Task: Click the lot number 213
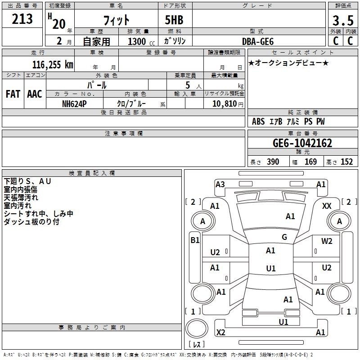pos(22,19)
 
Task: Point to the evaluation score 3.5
pos(342,21)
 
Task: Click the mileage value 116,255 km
pos(52,64)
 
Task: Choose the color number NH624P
pos(75,103)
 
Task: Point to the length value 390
pos(273,162)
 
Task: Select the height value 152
pos(346,162)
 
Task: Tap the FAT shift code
pos(13,94)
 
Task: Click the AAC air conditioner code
pos(35,94)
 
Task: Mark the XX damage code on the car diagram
pos(327,206)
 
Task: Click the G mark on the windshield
pos(284,237)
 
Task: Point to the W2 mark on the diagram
pos(327,241)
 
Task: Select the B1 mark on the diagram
pos(195,240)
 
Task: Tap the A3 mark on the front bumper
pos(220,184)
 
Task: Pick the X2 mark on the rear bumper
pos(220,333)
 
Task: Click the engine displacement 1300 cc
pos(137,41)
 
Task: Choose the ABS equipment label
pos(258,121)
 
